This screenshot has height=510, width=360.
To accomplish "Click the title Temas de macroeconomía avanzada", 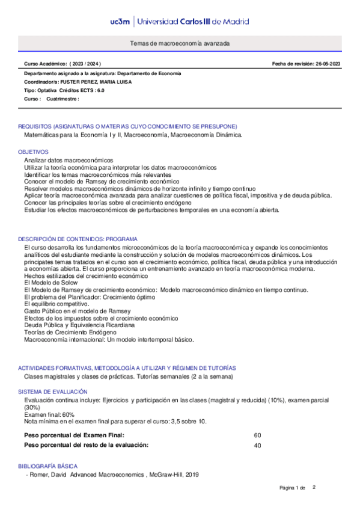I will (x=180, y=44).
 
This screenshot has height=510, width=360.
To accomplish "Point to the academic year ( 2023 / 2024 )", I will (x=85, y=64).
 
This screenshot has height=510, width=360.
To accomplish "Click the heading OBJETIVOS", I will (x=33, y=152).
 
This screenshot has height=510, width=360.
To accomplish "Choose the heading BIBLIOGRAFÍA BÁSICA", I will (x=47, y=466).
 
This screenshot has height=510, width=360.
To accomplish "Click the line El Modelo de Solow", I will (x=50, y=282).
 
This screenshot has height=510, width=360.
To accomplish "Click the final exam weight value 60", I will (x=257, y=435).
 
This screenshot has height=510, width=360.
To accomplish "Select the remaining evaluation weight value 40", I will (x=257, y=446).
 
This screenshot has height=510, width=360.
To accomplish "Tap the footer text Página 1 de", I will (x=293, y=487).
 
